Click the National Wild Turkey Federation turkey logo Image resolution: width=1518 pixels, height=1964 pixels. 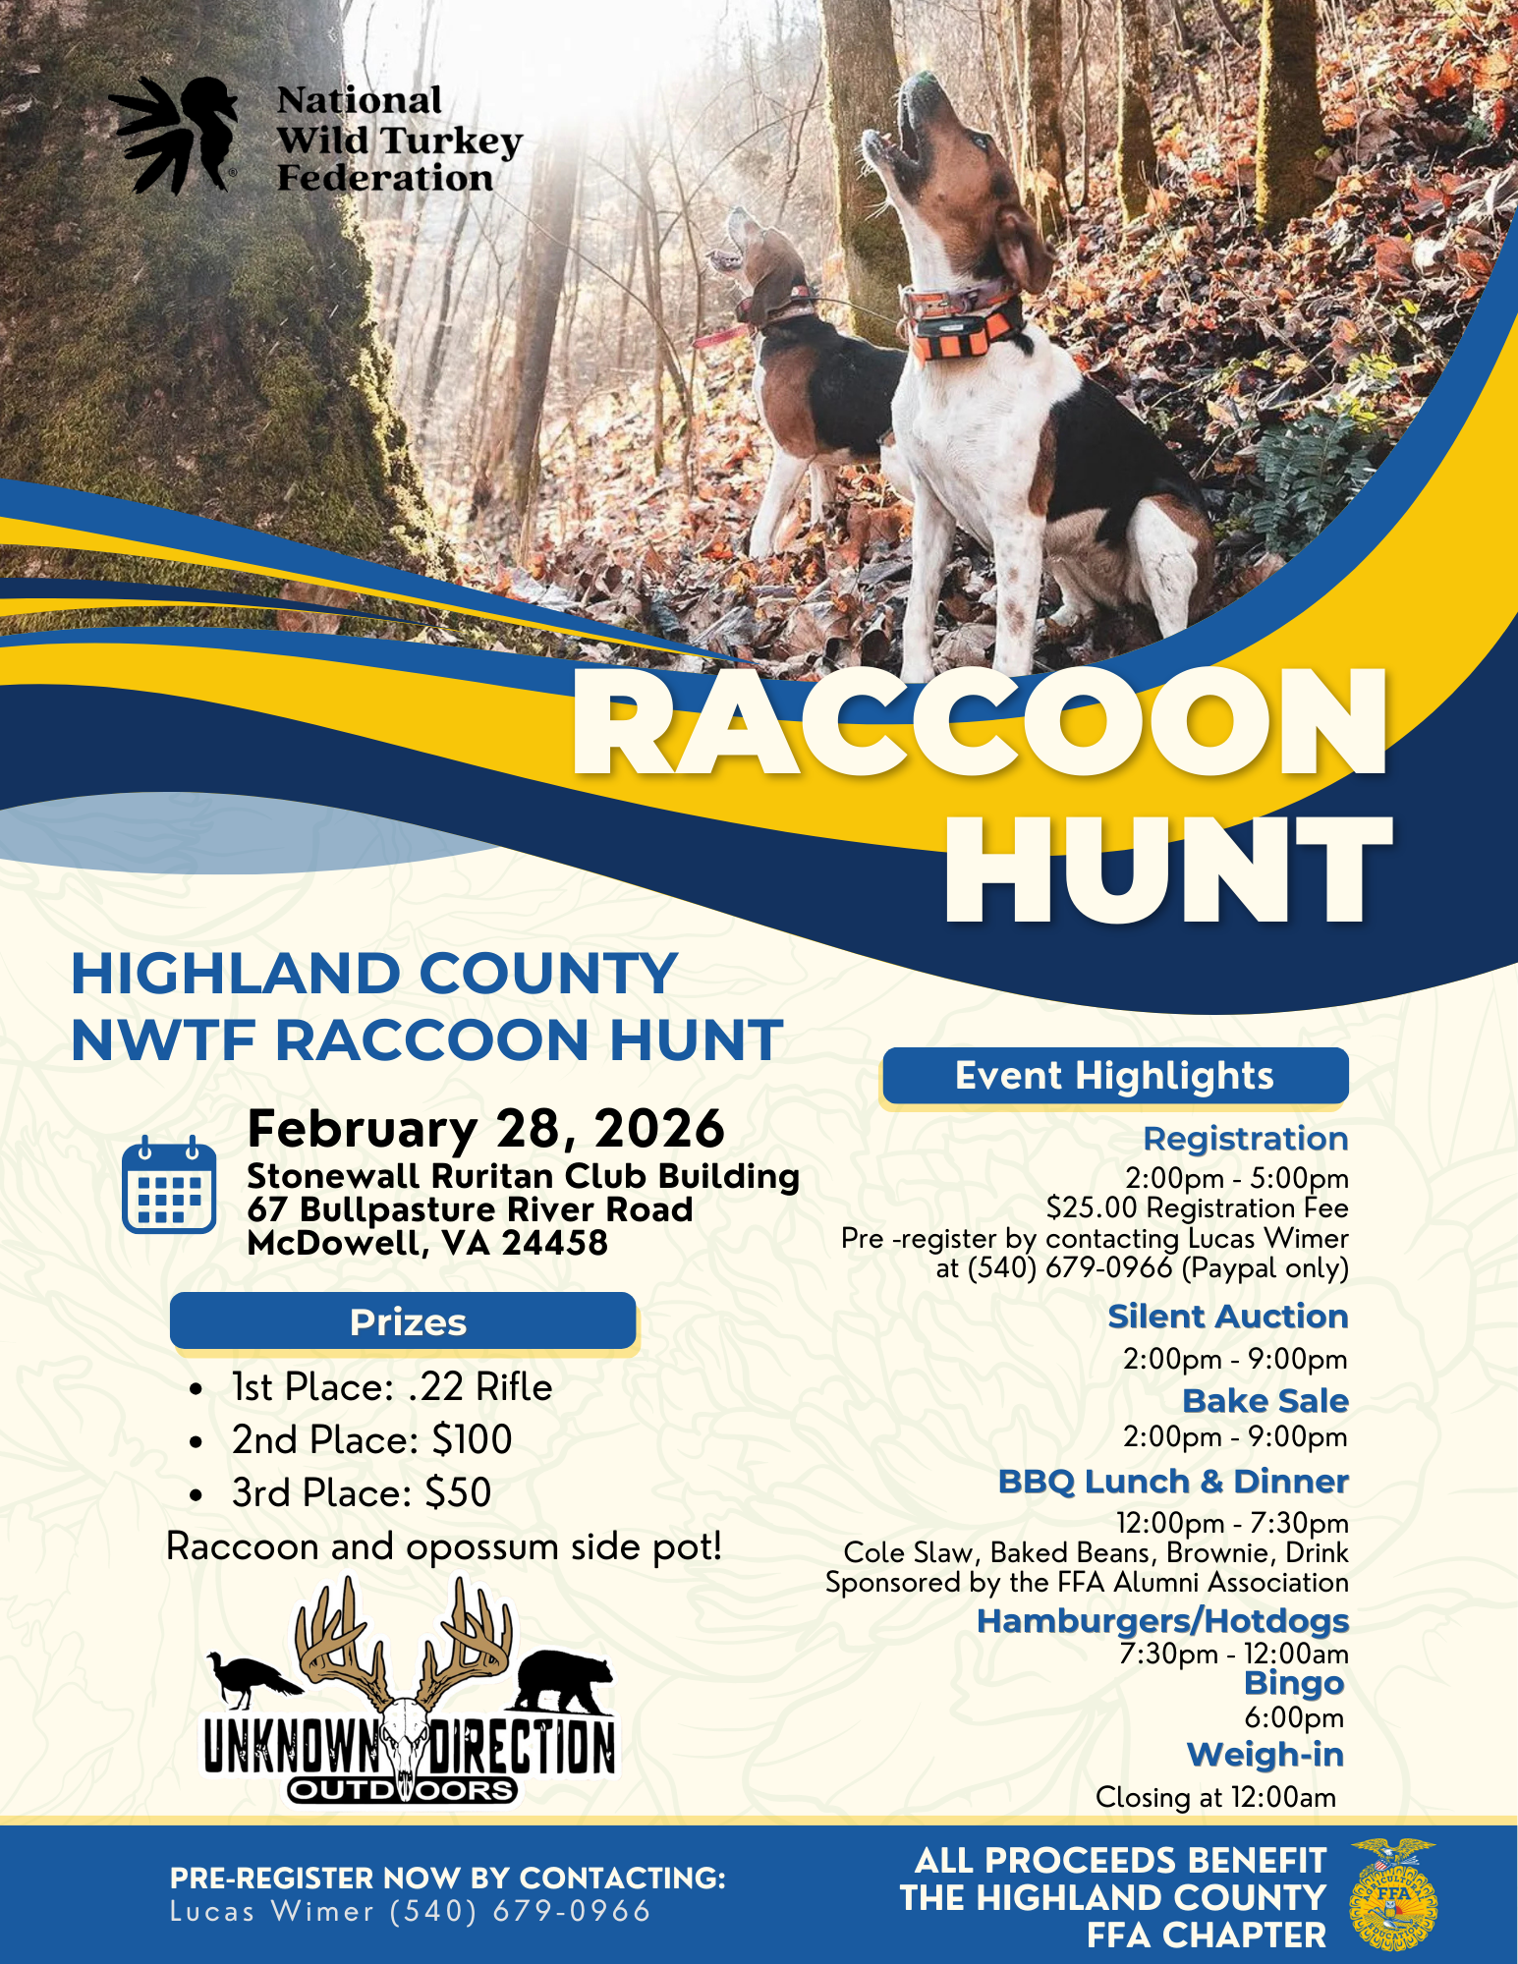[175, 136]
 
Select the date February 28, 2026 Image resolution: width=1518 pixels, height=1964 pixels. [485, 1128]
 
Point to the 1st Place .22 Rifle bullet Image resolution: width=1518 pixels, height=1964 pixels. [391, 1387]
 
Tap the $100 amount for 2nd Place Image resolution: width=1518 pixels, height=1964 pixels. [472, 1440]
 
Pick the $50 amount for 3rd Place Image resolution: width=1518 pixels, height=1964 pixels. [458, 1493]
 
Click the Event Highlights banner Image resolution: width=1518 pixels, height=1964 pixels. [1114, 1076]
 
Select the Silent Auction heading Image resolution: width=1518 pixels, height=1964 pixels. [1227, 1317]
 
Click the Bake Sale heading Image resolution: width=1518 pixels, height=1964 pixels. [1265, 1401]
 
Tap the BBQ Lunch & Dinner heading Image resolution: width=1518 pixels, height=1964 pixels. [1173, 1482]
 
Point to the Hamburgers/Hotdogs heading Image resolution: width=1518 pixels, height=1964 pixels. [1162, 1621]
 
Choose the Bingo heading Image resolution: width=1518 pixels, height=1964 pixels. [1293, 1683]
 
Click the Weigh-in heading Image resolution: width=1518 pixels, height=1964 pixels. [1265, 1755]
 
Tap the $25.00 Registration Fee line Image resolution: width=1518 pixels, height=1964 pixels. [1197, 1207]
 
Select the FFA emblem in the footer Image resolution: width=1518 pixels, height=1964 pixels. [1393, 1895]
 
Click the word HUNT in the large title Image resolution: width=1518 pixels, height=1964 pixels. [1167, 870]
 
